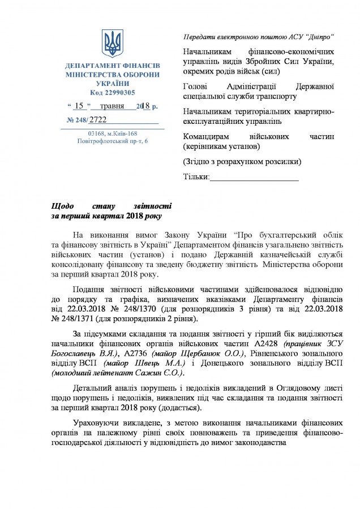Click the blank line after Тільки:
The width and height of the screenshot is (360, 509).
pyautogui.click(x=254, y=178)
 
